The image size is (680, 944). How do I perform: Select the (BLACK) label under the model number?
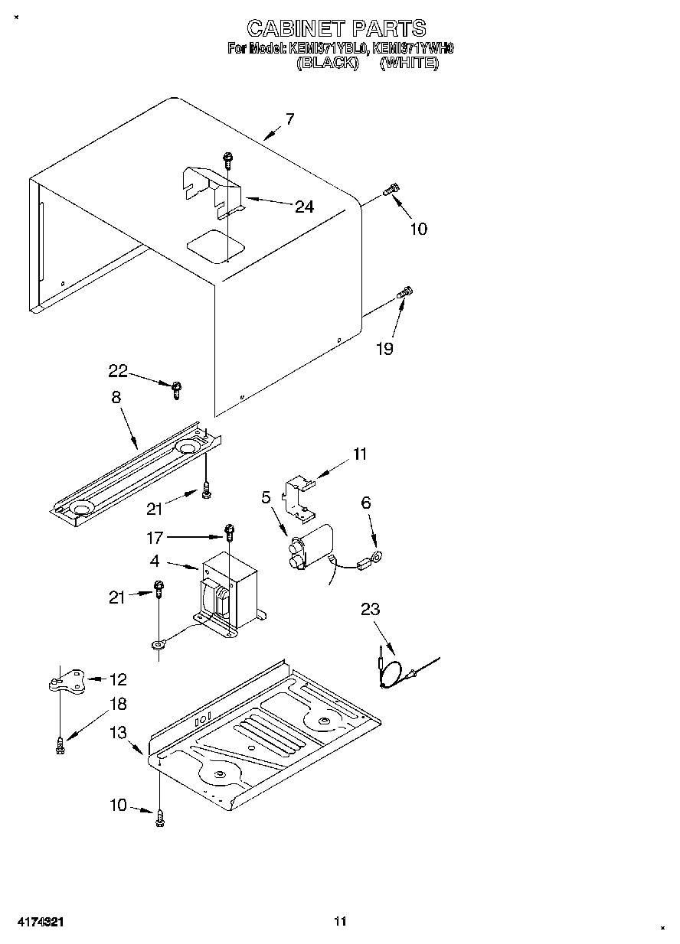(328, 63)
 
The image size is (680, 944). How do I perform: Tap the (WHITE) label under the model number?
(409, 63)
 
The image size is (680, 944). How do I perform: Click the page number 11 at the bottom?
(340, 921)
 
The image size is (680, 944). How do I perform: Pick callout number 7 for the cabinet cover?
(289, 119)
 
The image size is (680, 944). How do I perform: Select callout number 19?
(384, 349)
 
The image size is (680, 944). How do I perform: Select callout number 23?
(371, 610)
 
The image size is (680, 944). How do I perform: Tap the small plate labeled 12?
(67, 680)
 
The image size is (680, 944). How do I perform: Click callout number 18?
(118, 704)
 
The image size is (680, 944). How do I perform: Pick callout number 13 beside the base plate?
(117, 733)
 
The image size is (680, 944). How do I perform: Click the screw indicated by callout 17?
(228, 529)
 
